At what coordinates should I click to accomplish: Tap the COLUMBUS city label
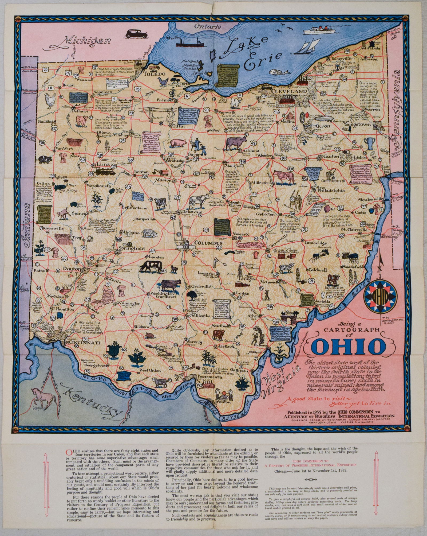[x=205, y=243]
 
